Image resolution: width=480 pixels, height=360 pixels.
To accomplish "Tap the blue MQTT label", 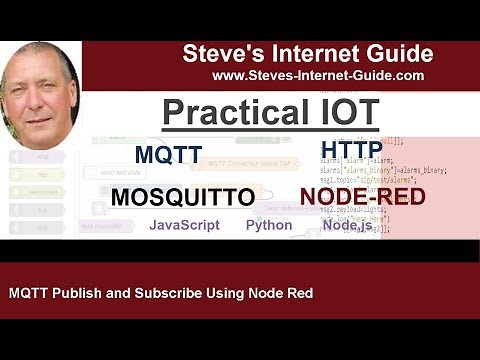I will [168, 155].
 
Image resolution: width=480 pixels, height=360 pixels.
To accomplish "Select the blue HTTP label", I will [351, 151].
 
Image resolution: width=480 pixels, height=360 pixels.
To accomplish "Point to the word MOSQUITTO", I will [182, 197].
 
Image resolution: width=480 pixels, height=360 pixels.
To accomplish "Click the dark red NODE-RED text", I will [362, 196].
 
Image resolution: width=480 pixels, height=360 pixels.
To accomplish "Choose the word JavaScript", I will [184, 225].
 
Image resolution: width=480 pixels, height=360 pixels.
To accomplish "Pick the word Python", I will [269, 225].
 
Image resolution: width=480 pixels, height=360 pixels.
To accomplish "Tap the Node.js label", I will [348, 225].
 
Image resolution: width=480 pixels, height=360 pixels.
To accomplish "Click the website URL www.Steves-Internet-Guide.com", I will [318, 75].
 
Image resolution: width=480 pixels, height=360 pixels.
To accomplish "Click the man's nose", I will [40, 94].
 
